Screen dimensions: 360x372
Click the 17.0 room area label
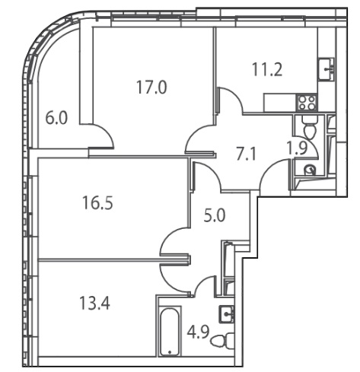point(151,87)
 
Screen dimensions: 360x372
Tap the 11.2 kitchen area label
point(267,69)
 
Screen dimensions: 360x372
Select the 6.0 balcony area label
point(56,118)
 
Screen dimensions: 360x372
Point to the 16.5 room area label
point(97,203)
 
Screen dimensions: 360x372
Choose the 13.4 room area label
point(94,304)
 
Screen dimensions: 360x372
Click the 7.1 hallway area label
point(247,154)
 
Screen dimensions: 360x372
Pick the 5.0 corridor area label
point(215,216)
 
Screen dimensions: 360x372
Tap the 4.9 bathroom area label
point(198,332)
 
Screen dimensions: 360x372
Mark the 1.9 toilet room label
point(298,148)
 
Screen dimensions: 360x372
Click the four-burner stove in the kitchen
point(307,103)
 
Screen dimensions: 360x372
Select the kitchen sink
point(327,69)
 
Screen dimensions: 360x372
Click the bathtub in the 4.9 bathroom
point(170,331)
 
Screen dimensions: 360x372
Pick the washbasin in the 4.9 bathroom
point(227,314)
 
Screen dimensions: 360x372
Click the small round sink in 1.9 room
point(310,170)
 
